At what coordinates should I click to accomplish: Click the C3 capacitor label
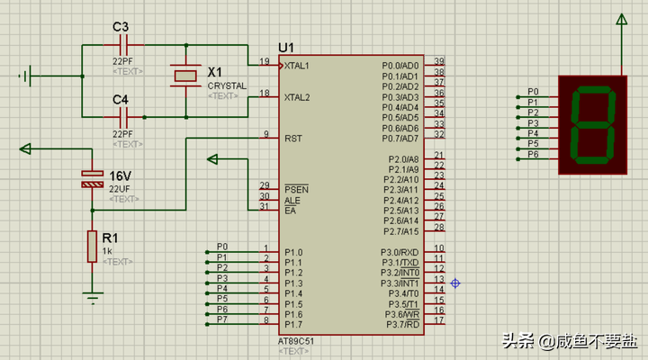click(121, 27)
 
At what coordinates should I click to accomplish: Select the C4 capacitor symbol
click(125, 116)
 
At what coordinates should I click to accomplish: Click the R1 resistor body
click(92, 246)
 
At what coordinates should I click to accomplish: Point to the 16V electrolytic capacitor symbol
click(92, 178)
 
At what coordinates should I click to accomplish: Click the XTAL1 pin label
click(297, 66)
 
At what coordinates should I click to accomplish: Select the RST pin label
click(292, 139)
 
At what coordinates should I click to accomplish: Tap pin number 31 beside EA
click(265, 206)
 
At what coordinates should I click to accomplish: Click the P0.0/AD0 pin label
click(400, 66)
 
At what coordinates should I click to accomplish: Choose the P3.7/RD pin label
click(400, 324)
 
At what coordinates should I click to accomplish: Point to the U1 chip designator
click(286, 47)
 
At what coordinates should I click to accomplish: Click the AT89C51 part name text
click(296, 342)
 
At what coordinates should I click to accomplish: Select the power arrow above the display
click(620, 20)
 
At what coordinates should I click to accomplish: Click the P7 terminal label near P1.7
click(222, 319)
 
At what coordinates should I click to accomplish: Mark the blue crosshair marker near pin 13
click(455, 283)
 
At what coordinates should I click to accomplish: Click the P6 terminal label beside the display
click(533, 154)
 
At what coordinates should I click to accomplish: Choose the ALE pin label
click(291, 200)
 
